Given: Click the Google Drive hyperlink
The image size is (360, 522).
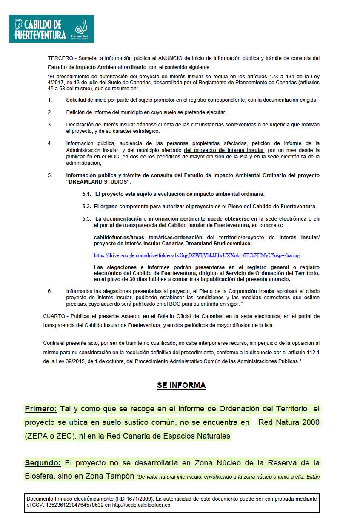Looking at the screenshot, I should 197,255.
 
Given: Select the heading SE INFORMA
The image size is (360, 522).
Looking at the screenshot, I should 181,385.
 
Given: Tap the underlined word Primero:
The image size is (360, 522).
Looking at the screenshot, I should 41,409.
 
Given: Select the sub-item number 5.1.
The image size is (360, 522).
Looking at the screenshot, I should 87,194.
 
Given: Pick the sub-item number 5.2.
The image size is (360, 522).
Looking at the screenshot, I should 87,207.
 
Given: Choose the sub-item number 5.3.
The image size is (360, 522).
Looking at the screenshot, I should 87,219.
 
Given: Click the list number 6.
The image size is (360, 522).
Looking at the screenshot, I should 50,291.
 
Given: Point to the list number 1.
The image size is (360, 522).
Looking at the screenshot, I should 50,100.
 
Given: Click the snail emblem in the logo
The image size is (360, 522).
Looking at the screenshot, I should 81,28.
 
